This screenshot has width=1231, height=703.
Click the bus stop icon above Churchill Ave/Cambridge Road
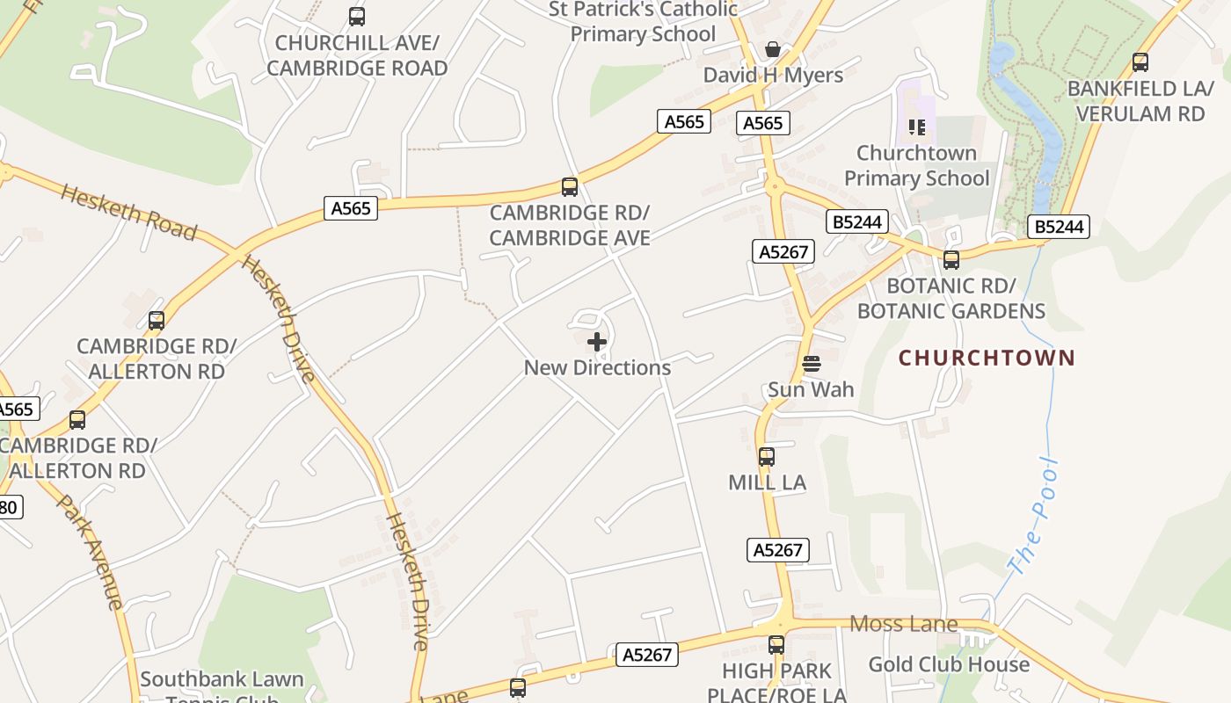(x=357, y=16)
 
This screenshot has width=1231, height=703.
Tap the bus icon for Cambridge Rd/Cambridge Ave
(x=570, y=186)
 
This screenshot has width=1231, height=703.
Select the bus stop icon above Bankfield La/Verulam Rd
(x=1140, y=62)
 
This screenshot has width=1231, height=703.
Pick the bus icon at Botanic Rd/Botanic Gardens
(x=951, y=260)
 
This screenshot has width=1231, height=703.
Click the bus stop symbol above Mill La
(x=767, y=457)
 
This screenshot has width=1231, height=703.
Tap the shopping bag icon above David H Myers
(x=773, y=49)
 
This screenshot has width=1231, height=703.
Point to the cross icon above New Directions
(x=597, y=342)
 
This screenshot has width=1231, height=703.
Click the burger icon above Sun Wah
(x=812, y=364)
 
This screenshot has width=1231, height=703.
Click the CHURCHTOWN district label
(x=987, y=358)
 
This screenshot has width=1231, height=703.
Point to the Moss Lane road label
(x=903, y=624)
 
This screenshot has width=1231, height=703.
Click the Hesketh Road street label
(x=128, y=212)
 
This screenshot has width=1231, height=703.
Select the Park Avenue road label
(x=91, y=551)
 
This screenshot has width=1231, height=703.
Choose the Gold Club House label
(x=949, y=664)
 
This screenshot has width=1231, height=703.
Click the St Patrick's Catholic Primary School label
(x=644, y=22)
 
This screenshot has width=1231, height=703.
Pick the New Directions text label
(x=597, y=368)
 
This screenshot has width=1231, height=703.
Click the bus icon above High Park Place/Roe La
(x=776, y=645)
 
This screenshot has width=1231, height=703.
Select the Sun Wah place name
(x=811, y=389)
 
